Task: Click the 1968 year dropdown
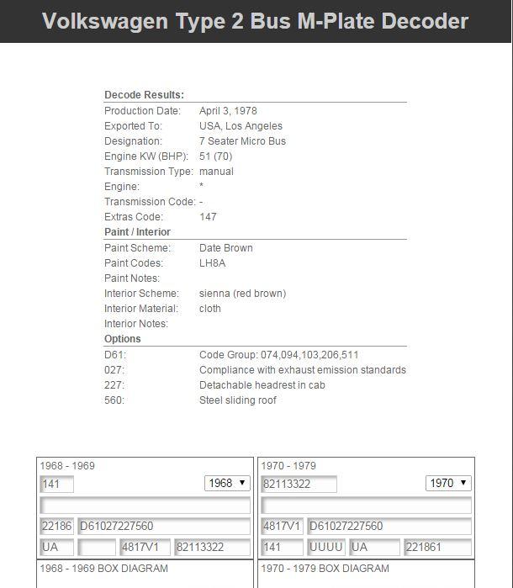coord(227,484)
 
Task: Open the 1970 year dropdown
coord(448,484)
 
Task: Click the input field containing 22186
coord(56,527)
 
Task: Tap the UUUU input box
coord(326,547)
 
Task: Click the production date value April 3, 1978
coord(228,111)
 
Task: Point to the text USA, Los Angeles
coord(241,126)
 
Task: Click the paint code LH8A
coord(212,263)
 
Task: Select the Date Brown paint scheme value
coord(225,248)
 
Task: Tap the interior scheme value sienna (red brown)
coord(242,294)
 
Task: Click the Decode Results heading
coord(144,96)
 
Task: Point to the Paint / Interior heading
coord(137,232)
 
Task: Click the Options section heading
coord(123,339)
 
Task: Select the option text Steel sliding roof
coord(238,400)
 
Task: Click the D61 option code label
coord(115,355)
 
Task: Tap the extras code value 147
coord(208,217)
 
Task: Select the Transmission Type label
coord(146,172)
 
